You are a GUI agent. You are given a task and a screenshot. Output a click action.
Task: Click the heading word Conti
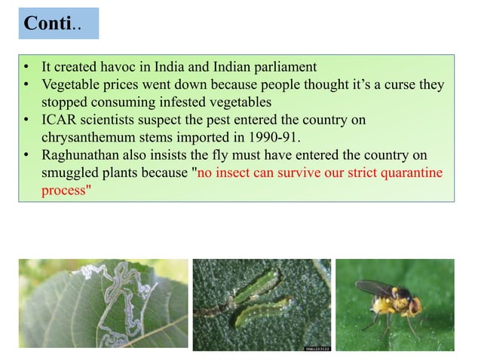pyautogui.click(x=47, y=23)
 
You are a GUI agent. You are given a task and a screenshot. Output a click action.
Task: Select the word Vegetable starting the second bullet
pyautogui.click(x=71, y=85)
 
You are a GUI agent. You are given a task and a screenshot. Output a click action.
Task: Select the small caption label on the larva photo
pyautogui.click(x=316, y=348)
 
